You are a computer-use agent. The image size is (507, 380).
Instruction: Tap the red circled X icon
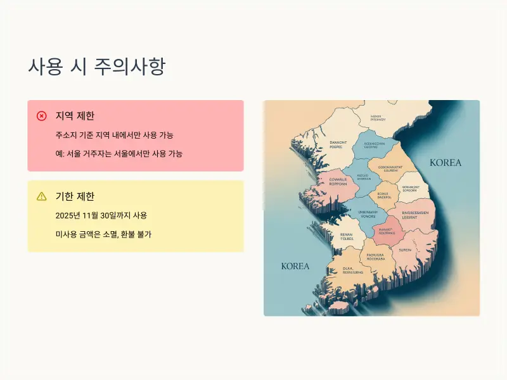[42, 116]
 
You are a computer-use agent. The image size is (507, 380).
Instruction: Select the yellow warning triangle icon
[42, 196]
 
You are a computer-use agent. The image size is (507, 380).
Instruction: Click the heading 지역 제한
[75, 116]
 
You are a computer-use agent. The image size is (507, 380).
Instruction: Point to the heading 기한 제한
[75, 196]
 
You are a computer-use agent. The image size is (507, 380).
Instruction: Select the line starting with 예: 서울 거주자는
[119, 154]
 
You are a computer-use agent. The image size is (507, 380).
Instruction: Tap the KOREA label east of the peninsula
[446, 163]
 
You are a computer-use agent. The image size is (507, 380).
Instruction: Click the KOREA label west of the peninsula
[295, 266]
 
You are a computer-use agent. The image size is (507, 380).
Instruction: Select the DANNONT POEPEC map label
[338, 144]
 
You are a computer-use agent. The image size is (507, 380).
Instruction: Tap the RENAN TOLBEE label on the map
[346, 236]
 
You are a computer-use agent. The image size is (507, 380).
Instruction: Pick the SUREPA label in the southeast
[405, 250]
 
